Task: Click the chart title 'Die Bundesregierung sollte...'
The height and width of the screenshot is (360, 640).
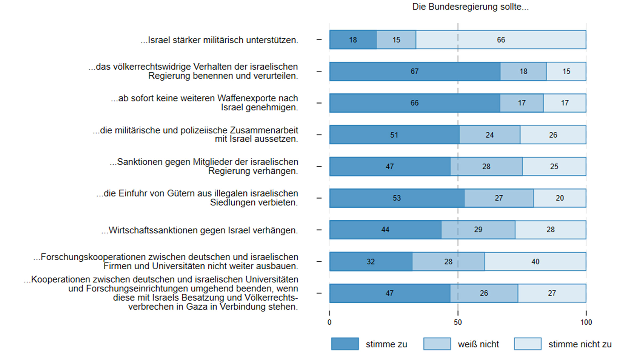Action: (470, 7)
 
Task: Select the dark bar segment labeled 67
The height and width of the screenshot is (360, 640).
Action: (415, 71)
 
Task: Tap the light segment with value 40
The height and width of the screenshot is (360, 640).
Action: (535, 262)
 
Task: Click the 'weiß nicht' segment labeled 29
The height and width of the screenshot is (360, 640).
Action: (478, 230)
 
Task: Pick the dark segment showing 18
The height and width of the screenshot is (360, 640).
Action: (353, 40)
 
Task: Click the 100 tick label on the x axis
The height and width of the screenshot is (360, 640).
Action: (586, 322)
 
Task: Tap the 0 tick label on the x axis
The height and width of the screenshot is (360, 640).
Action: (329, 322)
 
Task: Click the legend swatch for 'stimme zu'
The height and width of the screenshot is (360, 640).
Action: (345, 344)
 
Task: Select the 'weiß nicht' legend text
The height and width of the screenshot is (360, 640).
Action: (478, 344)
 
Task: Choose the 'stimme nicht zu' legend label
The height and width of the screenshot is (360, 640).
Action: (580, 344)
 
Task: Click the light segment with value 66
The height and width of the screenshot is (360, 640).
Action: (501, 40)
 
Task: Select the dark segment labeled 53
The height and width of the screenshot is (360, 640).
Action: (397, 198)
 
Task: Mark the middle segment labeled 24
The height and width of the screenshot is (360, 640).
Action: (489, 135)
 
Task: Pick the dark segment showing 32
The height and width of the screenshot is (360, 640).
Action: (371, 262)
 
